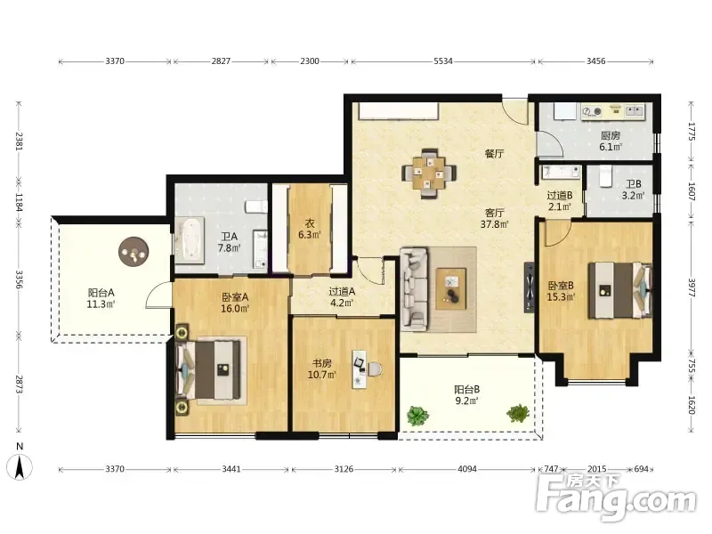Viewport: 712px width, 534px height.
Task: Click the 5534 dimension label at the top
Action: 442,61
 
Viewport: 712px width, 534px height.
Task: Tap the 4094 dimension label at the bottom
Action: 466,469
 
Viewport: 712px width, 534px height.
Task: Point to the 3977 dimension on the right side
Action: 692,287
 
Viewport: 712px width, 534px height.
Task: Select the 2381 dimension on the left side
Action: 20,141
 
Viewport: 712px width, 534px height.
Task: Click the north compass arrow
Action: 20,468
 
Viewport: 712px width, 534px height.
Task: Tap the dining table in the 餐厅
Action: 429,174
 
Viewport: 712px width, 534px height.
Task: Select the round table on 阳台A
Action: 133,253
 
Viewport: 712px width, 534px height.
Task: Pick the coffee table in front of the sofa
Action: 451,288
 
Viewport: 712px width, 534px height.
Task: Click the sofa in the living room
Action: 414,287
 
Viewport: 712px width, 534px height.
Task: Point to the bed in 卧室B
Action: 620,290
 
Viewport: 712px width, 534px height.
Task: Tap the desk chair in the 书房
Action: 375,369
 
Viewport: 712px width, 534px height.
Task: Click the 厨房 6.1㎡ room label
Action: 611,141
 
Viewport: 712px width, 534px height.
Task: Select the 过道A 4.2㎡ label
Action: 342,297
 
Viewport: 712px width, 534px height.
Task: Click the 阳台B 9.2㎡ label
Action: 466,394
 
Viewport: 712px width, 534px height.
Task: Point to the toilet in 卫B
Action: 606,176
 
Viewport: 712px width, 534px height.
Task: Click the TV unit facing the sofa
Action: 530,287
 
